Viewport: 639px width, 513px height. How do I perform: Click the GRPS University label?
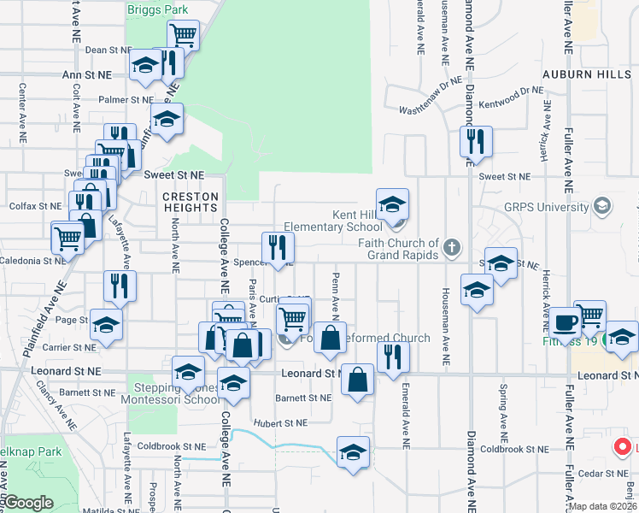(547, 207)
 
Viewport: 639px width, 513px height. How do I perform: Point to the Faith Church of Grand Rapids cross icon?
(452, 249)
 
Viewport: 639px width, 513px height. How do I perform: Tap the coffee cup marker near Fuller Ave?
(564, 323)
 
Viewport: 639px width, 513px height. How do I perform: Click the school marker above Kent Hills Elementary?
(392, 205)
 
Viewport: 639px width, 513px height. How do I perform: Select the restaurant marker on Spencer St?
(278, 247)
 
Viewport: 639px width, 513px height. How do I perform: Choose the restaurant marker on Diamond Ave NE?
(476, 141)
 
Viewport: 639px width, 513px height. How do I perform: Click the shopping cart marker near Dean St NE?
(183, 36)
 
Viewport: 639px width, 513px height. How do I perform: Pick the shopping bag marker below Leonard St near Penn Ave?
(357, 379)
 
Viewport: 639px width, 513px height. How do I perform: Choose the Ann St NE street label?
(87, 75)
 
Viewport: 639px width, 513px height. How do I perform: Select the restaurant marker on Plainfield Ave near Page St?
(120, 286)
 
